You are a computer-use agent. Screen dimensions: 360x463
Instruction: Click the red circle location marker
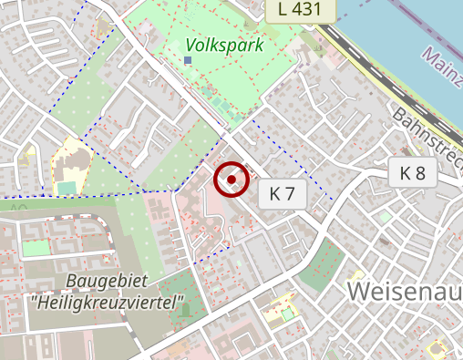pos(231,180)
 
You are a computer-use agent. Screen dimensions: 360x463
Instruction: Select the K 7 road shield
pos(283,193)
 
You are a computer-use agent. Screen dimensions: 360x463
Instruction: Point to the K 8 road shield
pos(413,173)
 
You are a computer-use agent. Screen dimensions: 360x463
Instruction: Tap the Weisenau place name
pos(404,292)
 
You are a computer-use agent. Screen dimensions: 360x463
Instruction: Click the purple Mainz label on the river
pos(442,68)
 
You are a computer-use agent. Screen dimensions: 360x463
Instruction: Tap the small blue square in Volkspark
pos(188,60)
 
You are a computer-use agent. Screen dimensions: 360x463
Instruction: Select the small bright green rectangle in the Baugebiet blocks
pos(36,248)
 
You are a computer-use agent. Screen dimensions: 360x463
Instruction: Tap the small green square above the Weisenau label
pos(386,218)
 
